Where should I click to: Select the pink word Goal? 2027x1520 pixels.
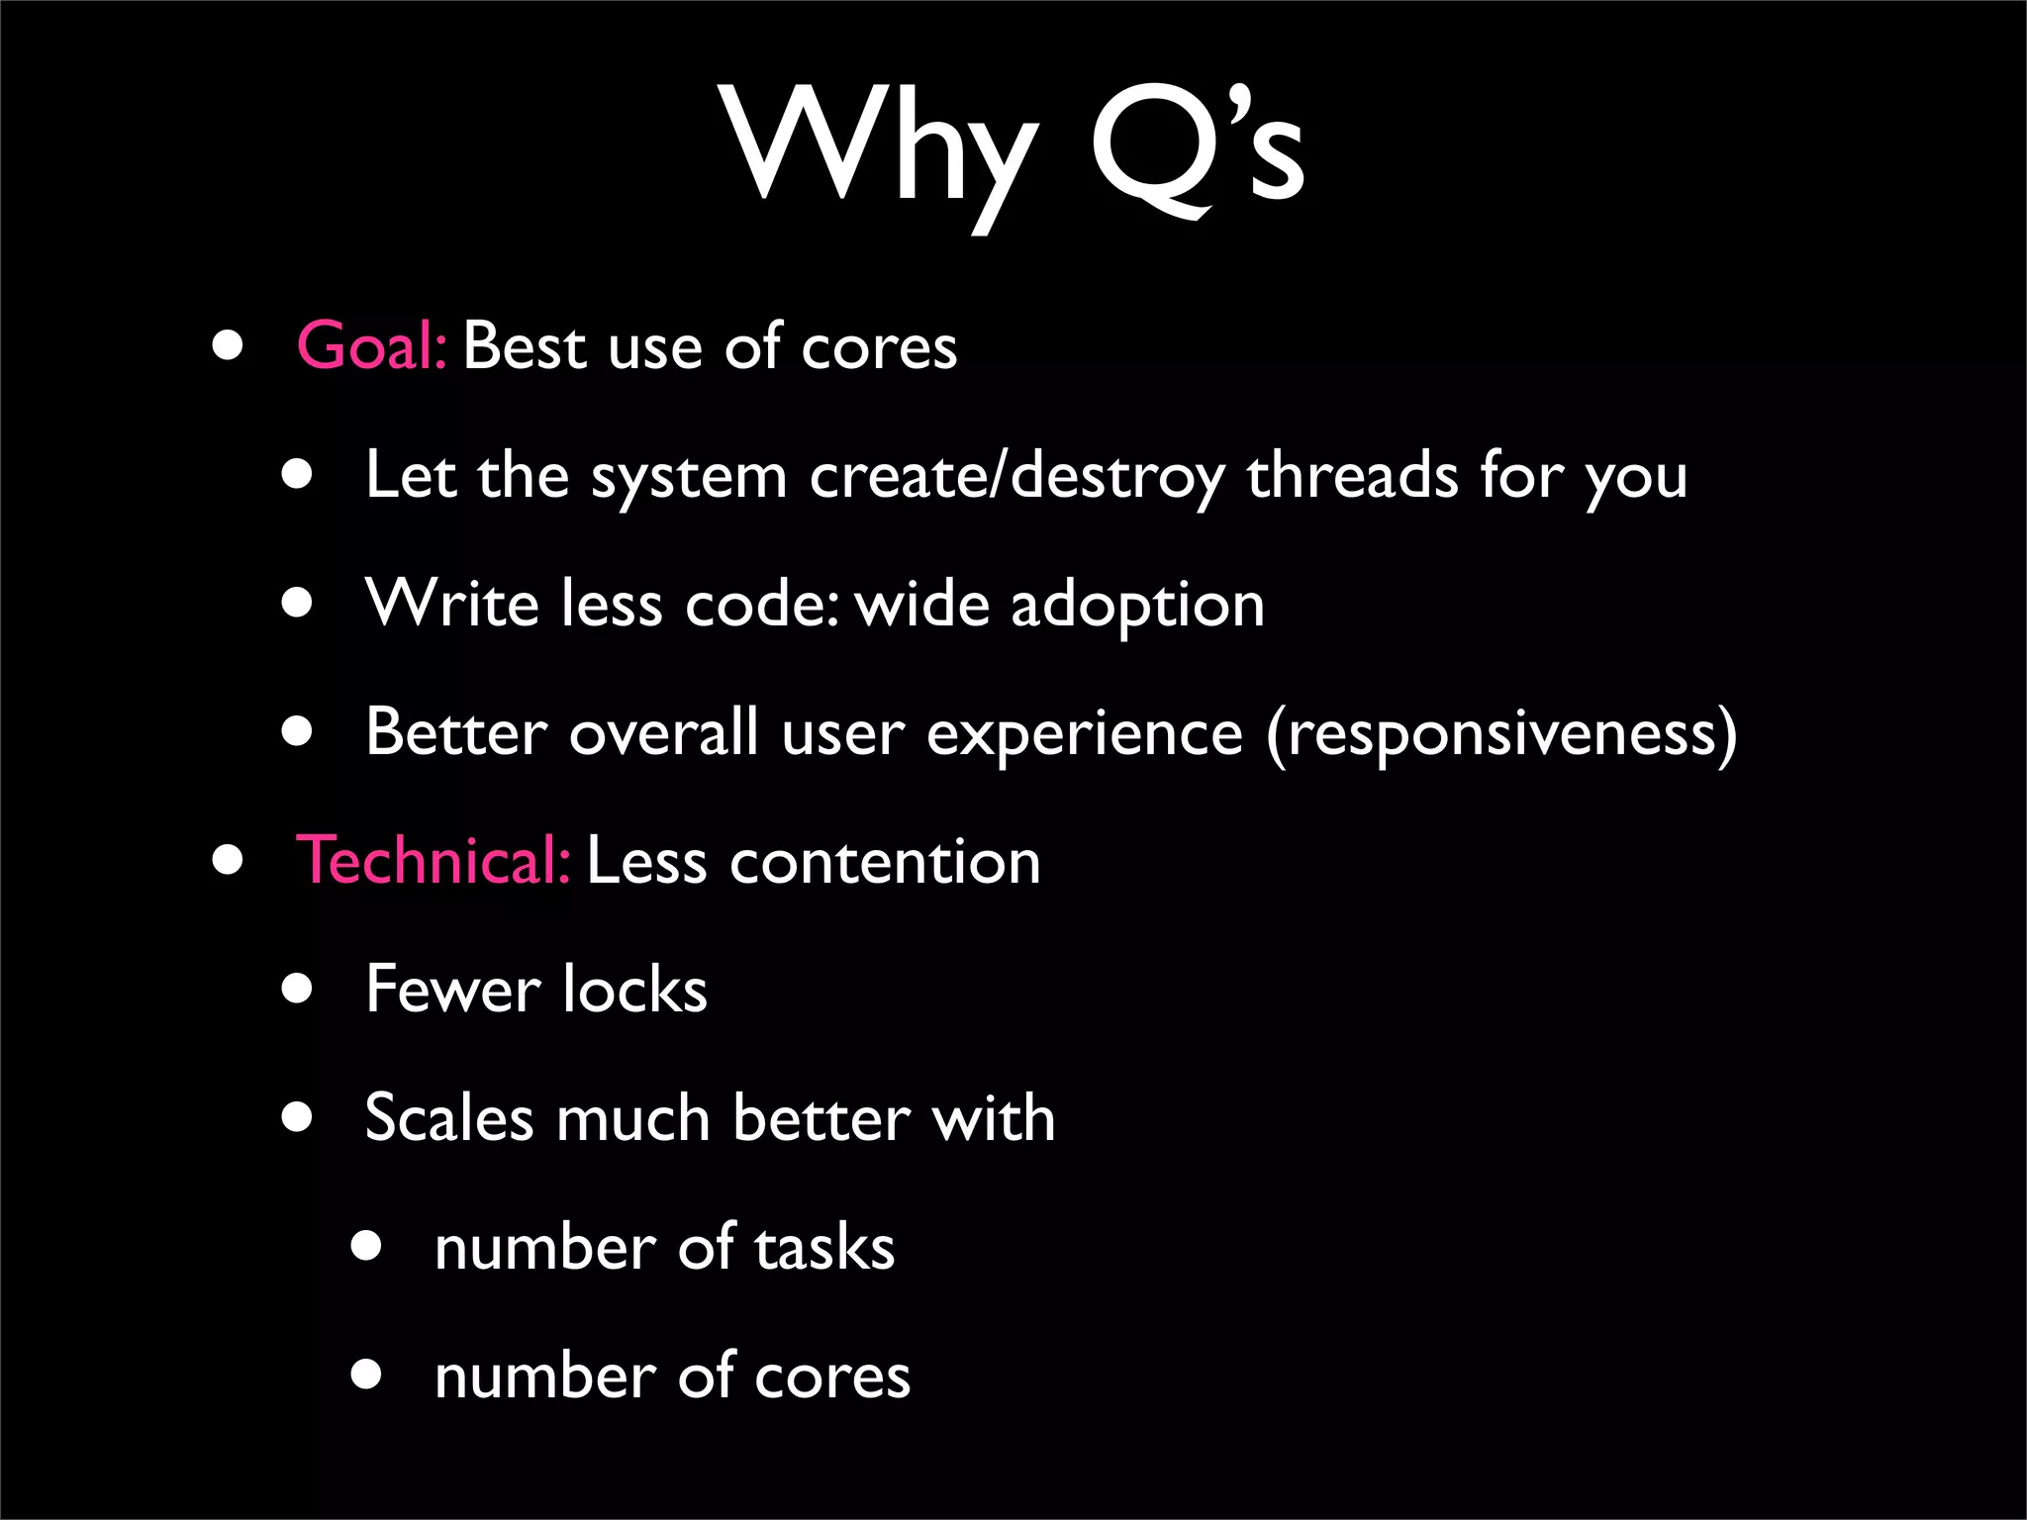(x=372, y=346)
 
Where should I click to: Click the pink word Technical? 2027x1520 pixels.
(x=433, y=860)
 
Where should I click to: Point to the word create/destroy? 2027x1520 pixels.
(x=1017, y=477)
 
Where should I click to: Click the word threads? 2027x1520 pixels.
(x=1352, y=475)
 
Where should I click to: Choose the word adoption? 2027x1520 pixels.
(x=1137, y=606)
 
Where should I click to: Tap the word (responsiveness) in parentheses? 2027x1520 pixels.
(x=1501, y=734)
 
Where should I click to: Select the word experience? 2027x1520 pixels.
(x=1084, y=734)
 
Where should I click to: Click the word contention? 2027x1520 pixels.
(x=885, y=861)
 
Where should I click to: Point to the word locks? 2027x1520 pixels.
(x=634, y=989)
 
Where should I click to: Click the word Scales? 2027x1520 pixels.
(x=449, y=1118)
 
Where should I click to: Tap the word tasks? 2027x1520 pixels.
(x=824, y=1247)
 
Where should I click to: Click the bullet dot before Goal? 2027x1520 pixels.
(x=228, y=345)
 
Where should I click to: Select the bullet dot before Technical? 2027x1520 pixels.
(x=228, y=860)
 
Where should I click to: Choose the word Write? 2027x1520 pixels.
(x=451, y=604)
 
